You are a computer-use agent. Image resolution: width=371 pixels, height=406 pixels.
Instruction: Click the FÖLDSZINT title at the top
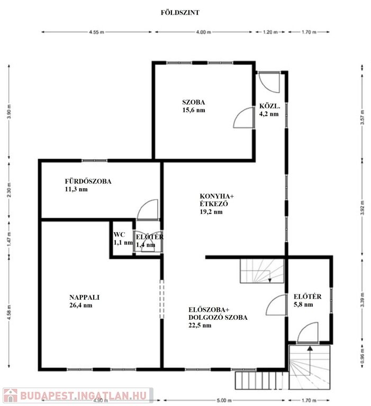click(180, 13)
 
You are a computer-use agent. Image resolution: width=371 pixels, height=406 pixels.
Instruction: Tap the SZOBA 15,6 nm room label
click(194, 106)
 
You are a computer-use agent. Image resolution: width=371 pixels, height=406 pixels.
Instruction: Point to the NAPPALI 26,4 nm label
click(84, 301)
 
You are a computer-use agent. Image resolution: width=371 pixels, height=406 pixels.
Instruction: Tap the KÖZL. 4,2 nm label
click(269, 110)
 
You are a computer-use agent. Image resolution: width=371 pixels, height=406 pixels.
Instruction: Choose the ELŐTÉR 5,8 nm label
click(307, 300)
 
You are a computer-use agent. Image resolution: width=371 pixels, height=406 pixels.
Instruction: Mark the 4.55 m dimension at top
click(96, 32)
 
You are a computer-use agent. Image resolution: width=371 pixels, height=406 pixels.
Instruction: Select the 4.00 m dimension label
click(203, 32)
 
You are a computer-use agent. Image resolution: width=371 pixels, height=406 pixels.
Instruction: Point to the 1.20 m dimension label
click(270, 32)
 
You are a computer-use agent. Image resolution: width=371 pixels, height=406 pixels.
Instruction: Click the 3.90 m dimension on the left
click(10, 112)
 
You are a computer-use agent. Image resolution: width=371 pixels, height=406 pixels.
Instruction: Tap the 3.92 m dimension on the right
click(362, 208)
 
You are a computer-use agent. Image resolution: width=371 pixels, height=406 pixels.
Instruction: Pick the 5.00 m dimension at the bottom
click(223, 400)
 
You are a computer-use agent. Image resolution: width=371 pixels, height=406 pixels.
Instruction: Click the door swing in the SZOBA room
click(243, 117)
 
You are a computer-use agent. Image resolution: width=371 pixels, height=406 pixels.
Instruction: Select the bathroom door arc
click(147, 209)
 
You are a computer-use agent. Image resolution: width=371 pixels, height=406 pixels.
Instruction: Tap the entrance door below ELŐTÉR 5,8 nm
click(307, 333)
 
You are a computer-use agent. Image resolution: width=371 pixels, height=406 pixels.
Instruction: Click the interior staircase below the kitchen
click(262, 271)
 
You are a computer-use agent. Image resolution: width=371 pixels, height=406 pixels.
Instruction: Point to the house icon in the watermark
click(11, 396)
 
